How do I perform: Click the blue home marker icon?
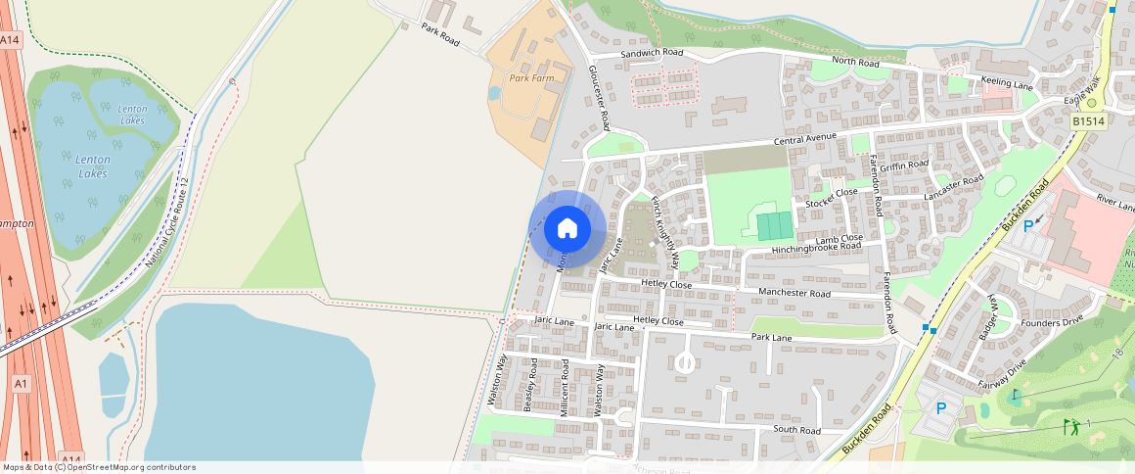[566, 229]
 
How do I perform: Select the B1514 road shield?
[1087, 121]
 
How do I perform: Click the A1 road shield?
[21, 384]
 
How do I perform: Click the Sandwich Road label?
[653, 52]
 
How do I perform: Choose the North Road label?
[856, 62]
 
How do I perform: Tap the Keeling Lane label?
[1008, 85]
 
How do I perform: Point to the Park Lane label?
[771, 337]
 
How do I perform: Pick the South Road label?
[795, 430]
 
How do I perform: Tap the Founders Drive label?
[1052, 320]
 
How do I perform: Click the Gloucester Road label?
[599, 99]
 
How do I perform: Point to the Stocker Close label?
[831, 198]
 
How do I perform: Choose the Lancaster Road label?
[958, 184]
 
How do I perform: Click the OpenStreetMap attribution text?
[99, 467]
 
